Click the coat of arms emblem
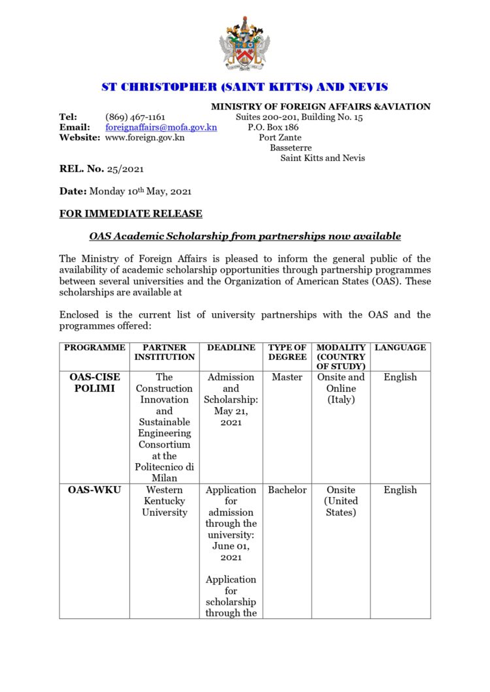point(244,44)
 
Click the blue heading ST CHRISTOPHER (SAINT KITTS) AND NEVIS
point(244,87)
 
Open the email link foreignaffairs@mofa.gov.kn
point(161,128)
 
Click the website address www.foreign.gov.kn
point(144,138)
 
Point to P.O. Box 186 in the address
point(273,128)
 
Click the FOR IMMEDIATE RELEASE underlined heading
point(131,213)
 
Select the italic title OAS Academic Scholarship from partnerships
point(244,236)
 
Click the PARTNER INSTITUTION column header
point(165,352)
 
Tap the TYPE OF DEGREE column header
point(287,352)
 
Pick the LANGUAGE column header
point(400,348)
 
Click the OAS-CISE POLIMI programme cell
point(95,383)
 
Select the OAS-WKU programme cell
point(95,490)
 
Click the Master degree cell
point(287,377)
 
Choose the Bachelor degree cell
point(287,490)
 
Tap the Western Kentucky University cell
point(165,501)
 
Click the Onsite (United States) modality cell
point(341,501)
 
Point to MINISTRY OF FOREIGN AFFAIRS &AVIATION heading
point(320,106)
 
